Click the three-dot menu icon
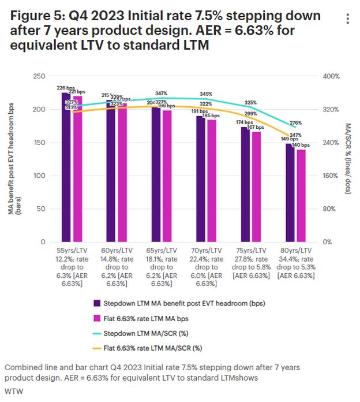coord(347,19)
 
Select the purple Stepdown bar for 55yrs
coord(66,167)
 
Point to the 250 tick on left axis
coord(40,76)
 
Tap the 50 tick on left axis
coord(42,209)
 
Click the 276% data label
coord(296,123)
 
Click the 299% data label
coord(251,114)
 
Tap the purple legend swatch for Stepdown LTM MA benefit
coord(97,303)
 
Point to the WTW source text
coord(12,391)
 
